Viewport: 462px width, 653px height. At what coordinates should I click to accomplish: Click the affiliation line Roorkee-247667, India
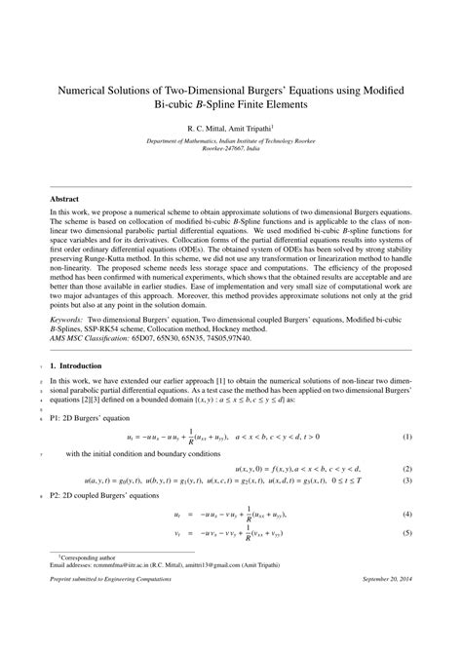pos(230,149)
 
